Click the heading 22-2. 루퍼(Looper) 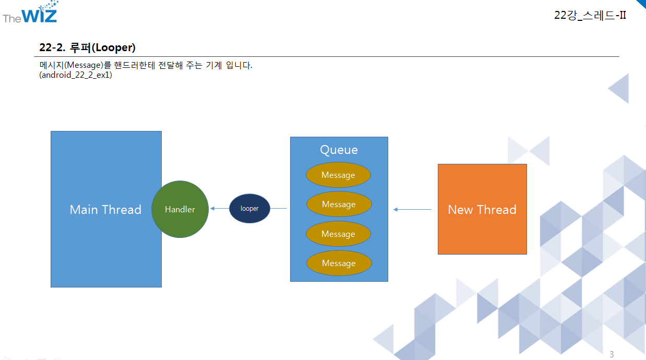87,47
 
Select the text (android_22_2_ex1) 76,75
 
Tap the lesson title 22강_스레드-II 590,15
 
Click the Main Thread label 105,210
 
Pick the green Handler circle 180,209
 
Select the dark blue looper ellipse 249,209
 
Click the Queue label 339,150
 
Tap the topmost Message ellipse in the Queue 338,175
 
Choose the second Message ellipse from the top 339,205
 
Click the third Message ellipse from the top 338,234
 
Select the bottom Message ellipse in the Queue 339,263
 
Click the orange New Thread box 482,210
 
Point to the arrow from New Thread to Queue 413,210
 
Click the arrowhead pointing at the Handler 212,209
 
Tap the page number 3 612,355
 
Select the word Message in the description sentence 82,66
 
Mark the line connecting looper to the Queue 279,209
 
